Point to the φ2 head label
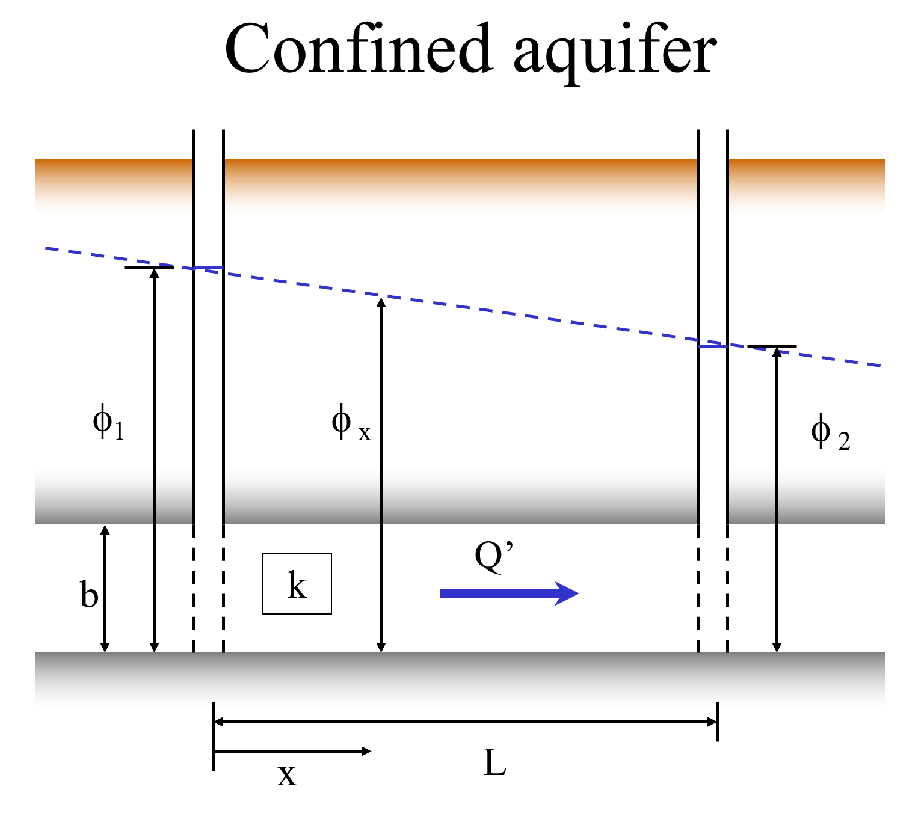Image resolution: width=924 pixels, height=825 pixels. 831,432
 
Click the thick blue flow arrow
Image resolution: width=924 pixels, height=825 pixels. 510,593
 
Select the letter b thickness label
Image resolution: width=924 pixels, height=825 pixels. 90,593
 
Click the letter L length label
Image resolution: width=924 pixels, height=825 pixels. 495,762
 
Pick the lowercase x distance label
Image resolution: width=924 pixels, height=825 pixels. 287,775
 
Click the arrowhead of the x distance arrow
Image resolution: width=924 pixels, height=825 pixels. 366,751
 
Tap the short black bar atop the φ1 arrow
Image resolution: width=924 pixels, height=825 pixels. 149,268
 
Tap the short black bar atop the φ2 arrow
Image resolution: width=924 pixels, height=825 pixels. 772,347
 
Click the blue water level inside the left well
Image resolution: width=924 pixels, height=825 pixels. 208,268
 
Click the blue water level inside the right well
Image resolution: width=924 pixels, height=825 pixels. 713,347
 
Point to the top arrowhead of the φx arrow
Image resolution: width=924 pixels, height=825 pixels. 381,301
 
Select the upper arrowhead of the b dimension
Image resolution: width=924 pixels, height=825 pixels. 105,530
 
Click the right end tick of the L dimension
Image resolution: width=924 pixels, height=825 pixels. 718,722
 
